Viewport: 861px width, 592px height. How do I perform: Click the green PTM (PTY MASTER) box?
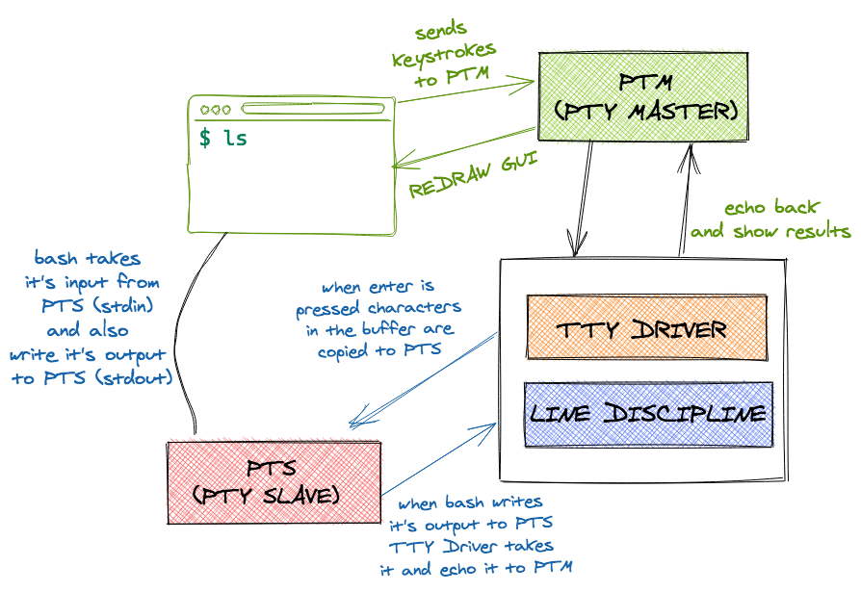click(x=642, y=96)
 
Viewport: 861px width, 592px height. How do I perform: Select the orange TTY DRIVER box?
click(x=646, y=328)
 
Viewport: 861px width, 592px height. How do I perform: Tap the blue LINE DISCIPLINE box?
click(x=649, y=414)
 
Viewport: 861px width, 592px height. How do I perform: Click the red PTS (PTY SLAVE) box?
click(x=274, y=482)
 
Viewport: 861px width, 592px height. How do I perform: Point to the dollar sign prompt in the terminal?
click(x=205, y=139)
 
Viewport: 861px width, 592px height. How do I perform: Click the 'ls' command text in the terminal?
click(x=235, y=139)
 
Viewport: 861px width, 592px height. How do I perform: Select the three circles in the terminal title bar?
click(x=216, y=111)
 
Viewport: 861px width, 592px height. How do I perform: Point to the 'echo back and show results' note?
click(x=770, y=219)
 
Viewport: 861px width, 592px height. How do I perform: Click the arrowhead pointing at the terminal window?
click(x=399, y=165)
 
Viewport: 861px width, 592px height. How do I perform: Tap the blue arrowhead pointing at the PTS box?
click(x=354, y=422)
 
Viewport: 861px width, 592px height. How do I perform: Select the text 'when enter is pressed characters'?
click(x=378, y=297)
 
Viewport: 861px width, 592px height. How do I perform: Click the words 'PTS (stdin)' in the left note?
click(x=97, y=306)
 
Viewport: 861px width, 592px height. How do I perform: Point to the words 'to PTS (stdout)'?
click(x=92, y=378)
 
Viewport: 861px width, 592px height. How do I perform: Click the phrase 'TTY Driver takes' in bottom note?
click(x=471, y=546)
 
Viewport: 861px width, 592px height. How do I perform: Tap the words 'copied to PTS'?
click(x=379, y=350)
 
